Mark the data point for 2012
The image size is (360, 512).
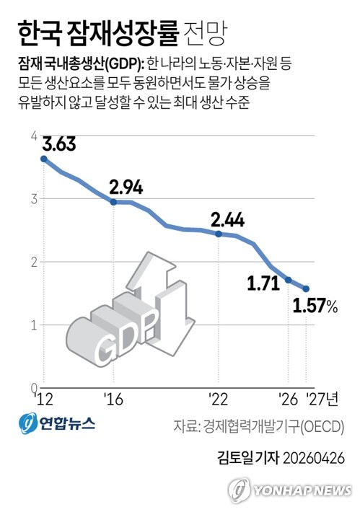pos(43,159)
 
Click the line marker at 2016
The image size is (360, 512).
pos(113,202)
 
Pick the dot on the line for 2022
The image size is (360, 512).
pos(219,234)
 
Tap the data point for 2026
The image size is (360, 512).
pos(289,280)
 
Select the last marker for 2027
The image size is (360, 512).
pos(306,288)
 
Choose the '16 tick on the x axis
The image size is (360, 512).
pos(113,398)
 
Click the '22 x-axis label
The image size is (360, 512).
pos(219,398)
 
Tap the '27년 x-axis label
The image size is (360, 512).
pos(322,398)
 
